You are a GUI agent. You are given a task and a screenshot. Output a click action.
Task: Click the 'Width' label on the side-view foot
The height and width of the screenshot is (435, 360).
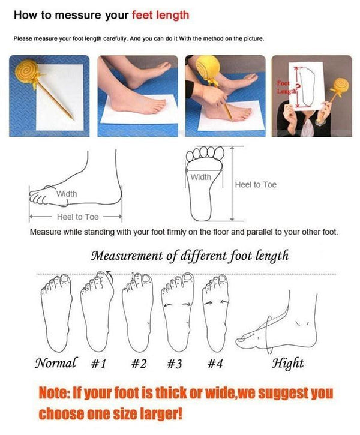coord(67,194)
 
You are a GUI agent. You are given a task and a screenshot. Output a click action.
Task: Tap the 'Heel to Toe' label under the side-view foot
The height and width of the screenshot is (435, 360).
coord(77,217)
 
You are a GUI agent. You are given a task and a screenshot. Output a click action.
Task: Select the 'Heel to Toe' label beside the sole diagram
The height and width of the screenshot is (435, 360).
coord(256,185)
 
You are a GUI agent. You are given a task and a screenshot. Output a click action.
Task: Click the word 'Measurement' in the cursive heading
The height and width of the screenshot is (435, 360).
coord(127,256)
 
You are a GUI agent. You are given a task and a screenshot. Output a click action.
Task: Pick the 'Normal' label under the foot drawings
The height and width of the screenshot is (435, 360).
coord(56,363)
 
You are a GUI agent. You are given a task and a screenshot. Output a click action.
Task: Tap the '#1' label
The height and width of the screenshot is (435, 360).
coord(98,364)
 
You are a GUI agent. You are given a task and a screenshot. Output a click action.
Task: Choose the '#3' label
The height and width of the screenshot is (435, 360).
coord(175,364)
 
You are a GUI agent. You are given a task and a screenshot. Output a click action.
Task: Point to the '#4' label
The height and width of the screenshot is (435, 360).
coord(215,364)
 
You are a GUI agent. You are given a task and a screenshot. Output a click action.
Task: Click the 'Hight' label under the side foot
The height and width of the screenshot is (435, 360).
coord(288,363)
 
